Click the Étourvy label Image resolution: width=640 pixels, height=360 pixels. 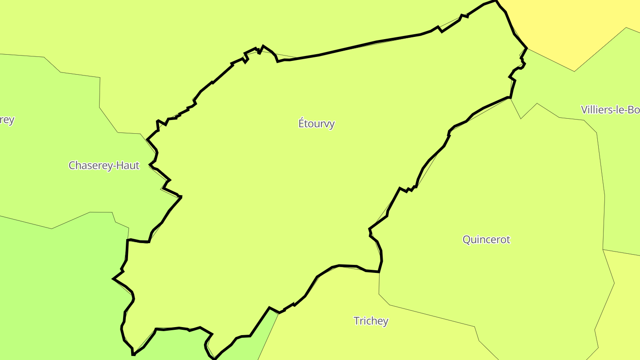[x=316, y=124]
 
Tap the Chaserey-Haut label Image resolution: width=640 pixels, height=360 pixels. [x=104, y=165]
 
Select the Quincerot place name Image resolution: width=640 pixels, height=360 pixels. [x=486, y=240]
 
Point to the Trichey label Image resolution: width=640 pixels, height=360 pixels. [x=371, y=321]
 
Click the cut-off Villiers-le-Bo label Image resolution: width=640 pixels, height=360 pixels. [x=610, y=110]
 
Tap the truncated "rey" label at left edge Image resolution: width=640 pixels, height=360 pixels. [x=7, y=120]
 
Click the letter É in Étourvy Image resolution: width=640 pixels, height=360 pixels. [x=301, y=123]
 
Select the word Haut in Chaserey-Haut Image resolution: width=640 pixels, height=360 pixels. [x=128, y=165]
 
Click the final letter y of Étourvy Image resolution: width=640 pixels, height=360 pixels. [x=332, y=124]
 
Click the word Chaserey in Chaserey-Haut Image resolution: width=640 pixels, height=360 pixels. [x=90, y=165]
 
